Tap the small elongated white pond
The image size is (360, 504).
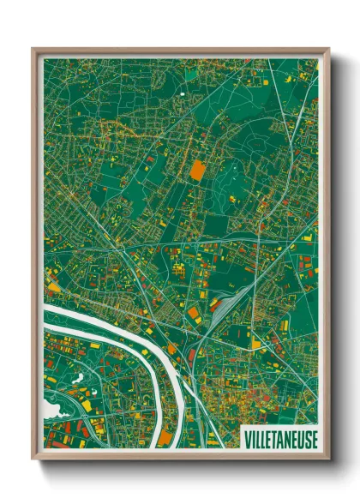pyautogui.click(x=79, y=377)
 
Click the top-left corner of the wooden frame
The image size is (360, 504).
pyautogui.click(x=33, y=49)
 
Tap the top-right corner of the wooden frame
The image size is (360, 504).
pyautogui.click(x=328, y=49)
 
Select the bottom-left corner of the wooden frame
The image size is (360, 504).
pyautogui.click(x=33, y=459)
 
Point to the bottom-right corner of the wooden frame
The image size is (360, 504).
pyautogui.click(x=328, y=459)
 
